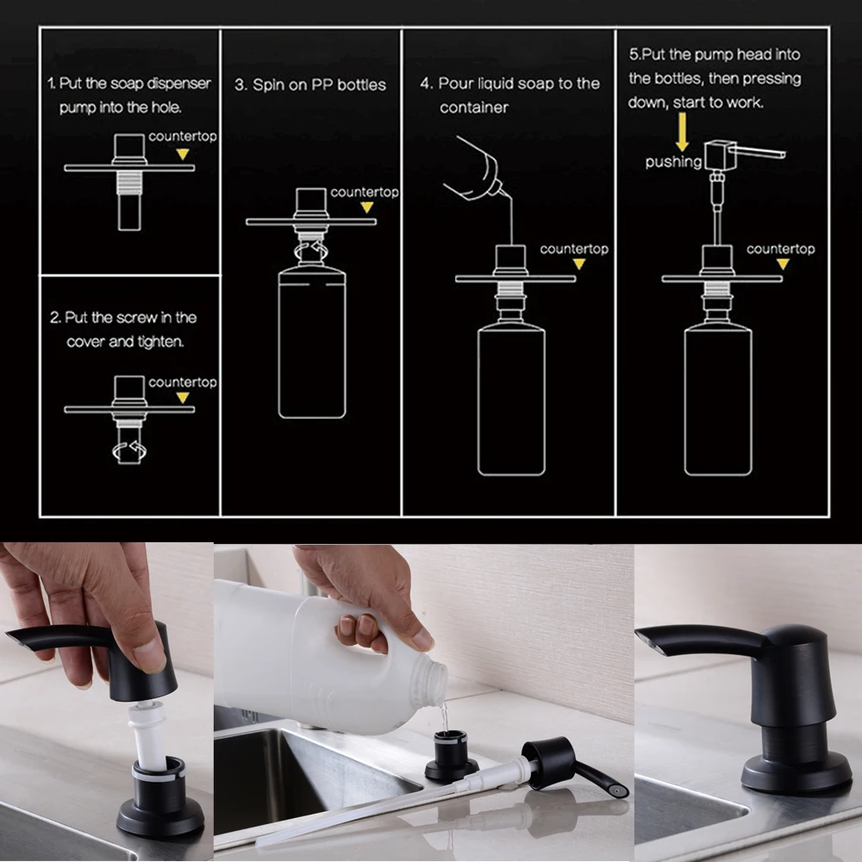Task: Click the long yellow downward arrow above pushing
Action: pos(682,132)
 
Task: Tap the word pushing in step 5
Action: pos(673,162)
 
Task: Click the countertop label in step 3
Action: pos(365,192)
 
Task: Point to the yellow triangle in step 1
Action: pos(183,154)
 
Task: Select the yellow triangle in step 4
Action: pos(579,265)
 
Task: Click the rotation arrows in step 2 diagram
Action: pos(130,451)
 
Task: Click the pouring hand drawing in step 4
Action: pos(478,169)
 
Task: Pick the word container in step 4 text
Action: pos(474,107)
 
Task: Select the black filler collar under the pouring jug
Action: pos(452,755)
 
